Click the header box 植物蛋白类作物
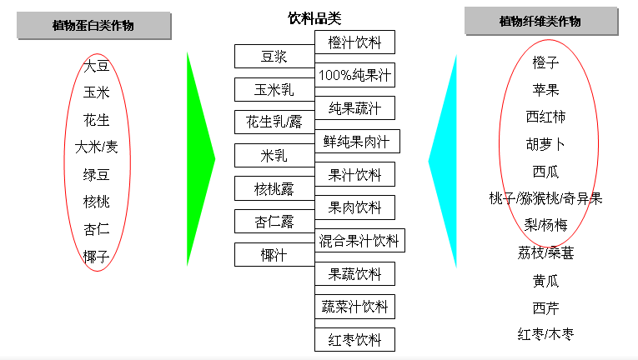pos(93,26)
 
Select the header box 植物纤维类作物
pos(539,22)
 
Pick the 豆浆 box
pos(274,57)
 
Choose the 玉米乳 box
pos(274,89)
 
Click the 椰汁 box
pos(274,254)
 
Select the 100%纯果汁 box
pos(354,75)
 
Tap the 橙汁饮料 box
pos(354,42)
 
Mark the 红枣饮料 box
pos(354,340)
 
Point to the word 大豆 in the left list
pos(97,67)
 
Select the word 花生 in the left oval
pos(97,120)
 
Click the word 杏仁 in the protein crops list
pos(97,229)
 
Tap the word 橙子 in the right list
pos(545,62)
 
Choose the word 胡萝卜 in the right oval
pos(545,144)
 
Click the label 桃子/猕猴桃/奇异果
pos(545,198)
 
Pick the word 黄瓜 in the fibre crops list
pos(545,281)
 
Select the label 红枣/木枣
pos(545,334)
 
